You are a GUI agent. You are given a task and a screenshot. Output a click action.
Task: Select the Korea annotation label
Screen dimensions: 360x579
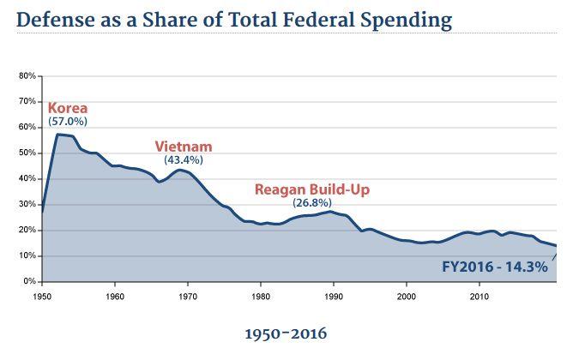(x=67, y=108)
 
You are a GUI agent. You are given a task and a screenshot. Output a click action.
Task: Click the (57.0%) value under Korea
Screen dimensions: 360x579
(x=67, y=122)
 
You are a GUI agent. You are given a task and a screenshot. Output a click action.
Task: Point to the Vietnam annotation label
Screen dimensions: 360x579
(x=183, y=146)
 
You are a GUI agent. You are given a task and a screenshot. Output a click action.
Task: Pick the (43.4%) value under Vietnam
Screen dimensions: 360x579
(x=183, y=159)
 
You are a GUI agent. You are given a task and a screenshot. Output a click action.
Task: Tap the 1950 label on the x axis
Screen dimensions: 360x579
(x=42, y=295)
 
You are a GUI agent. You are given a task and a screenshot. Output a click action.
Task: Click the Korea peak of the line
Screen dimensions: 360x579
(x=57, y=135)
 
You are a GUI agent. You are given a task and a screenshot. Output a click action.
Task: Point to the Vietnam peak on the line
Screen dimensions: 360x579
(x=178, y=170)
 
